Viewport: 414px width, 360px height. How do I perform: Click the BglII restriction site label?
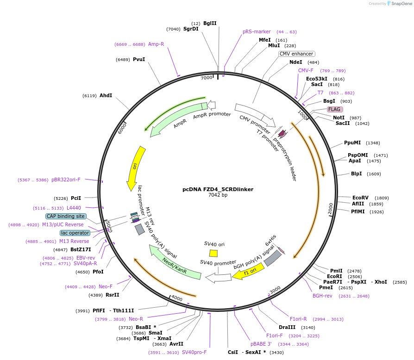210,23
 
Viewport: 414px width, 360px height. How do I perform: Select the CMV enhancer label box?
297,54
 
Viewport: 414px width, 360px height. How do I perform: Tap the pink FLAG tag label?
334,110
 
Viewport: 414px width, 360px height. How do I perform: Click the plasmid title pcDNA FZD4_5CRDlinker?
218,189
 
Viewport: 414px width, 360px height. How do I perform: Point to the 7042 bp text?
218,195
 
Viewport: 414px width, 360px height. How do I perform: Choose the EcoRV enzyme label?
360,198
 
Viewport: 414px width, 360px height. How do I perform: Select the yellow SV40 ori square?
213,253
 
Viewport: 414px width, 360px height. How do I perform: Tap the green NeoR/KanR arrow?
175,263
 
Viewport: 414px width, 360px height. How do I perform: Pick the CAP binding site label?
66,216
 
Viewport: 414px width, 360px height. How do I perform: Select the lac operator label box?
75,233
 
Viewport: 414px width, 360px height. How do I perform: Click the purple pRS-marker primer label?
257,31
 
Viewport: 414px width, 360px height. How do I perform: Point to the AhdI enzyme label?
106,95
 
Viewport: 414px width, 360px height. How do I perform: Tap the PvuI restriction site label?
139,59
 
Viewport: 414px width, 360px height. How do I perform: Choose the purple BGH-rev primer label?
322,296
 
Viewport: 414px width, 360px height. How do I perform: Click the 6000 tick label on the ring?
122,128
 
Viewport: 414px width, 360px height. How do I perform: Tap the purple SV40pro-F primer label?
194,352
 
